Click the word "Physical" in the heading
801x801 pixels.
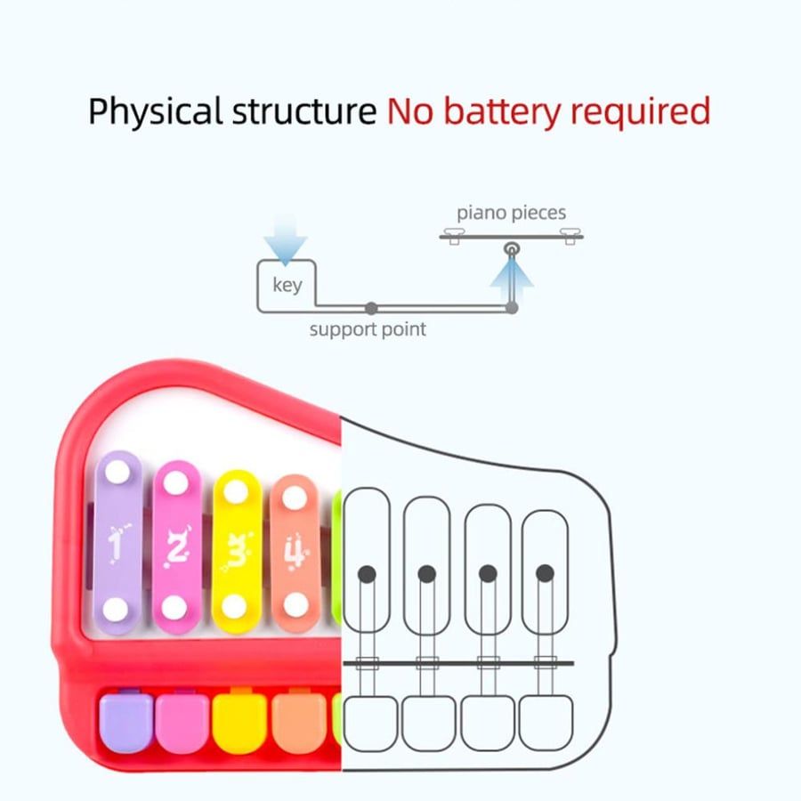[155, 111]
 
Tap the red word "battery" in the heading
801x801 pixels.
[502, 111]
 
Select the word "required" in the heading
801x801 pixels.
[640, 111]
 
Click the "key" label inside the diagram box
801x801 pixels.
[287, 285]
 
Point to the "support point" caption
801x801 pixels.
[368, 329]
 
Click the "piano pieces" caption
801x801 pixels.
[512, 213]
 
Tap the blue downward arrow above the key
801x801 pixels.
[285, 240]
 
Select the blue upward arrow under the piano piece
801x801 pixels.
[512, 280]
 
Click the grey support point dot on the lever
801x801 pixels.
[371, 308]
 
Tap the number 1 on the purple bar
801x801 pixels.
[117, 545]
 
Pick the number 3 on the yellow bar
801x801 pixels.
[236, 551]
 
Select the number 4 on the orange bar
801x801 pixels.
[295, 552]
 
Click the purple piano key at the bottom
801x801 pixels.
[126, 722]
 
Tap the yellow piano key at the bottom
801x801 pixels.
[239, 723]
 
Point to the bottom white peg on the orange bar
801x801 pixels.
[295, 605]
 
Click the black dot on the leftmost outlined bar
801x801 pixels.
[367, 574]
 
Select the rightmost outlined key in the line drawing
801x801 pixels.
[546, 723]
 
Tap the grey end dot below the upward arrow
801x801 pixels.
[512, 308]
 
